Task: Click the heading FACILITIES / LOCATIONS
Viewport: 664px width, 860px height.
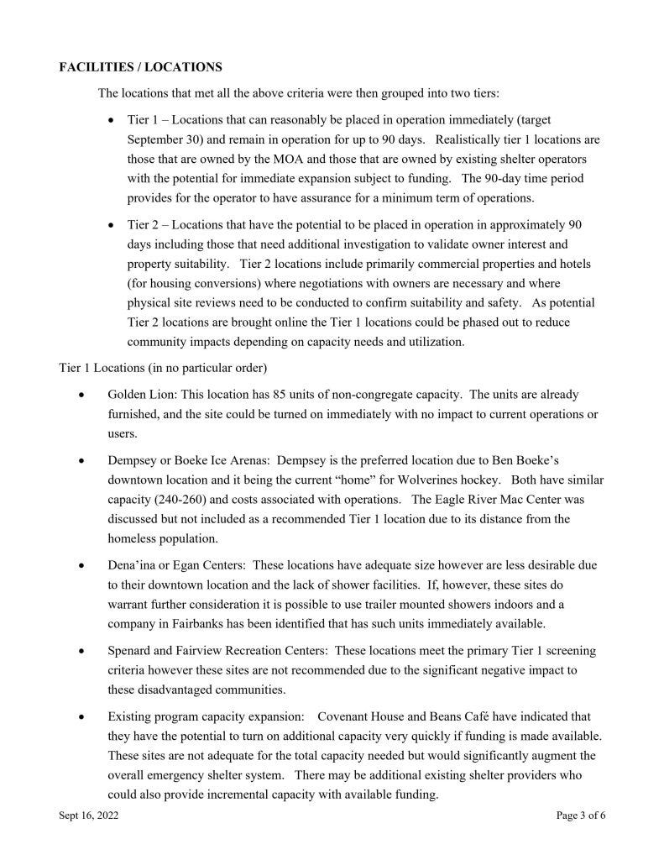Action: pos(141,66)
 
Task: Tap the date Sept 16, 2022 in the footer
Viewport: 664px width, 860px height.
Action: pos(89,815)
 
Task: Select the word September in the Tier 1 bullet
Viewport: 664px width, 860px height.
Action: pos(159,139)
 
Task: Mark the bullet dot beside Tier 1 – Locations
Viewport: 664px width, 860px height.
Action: pos(112,120)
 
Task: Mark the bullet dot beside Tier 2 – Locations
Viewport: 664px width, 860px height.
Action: pos(112,225)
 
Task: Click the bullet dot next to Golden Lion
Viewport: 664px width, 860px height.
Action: pos(81,394)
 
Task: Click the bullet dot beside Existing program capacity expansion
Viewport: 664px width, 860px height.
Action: pos(81,716)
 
